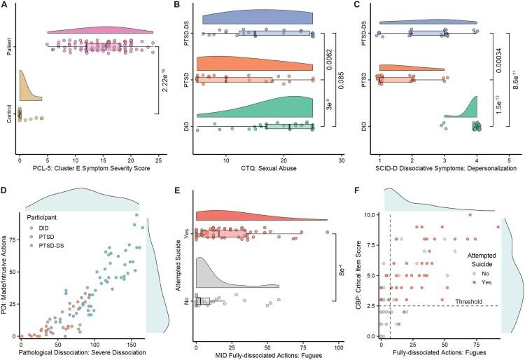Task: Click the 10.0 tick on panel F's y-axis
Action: (x=368, y=214)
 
